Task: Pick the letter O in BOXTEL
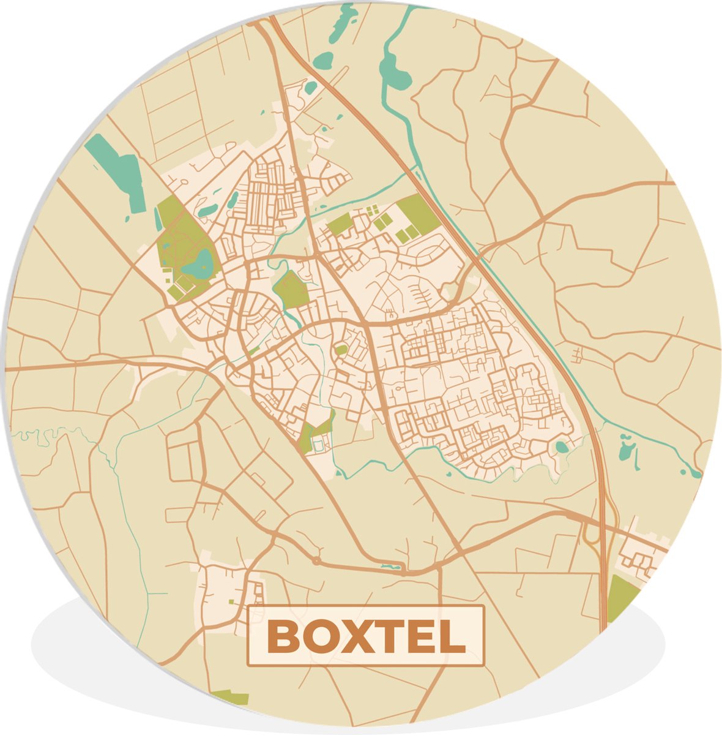click(x=316, y=637)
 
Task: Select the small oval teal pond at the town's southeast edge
click(x=561, y=448)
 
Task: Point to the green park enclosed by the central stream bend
click(x=291, y=289)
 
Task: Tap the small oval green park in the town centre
click(x=341, y=350)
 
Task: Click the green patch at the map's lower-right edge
click(x=621, y=597)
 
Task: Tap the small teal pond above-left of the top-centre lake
click(x=323, y=61)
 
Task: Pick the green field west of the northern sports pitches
click(x=340, y=224)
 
